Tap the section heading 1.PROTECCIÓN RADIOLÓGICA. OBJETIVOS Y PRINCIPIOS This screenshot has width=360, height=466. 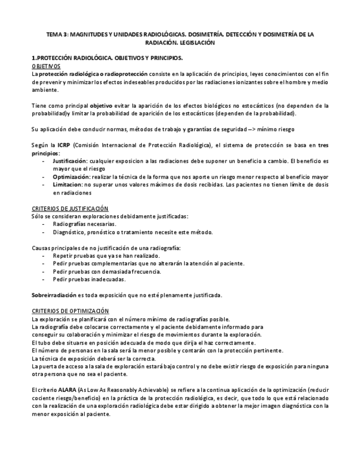(x=107, y=58)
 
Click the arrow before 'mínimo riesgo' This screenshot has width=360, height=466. (x=253, y=129)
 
